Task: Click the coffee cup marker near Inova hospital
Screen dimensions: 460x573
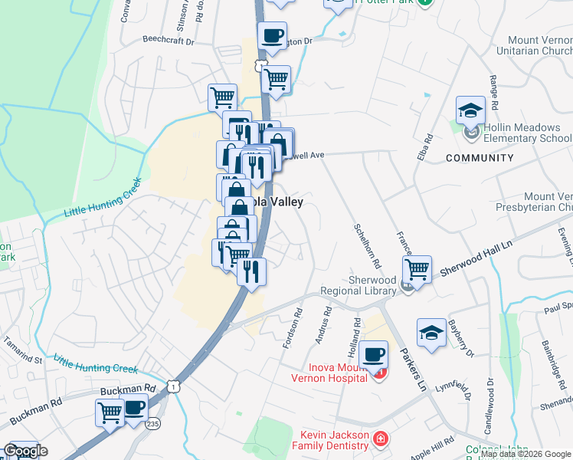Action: click(x=373, y=353)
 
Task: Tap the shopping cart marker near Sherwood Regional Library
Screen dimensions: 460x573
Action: click(x=417, y=268)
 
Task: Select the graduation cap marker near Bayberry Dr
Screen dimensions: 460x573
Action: click(x=431, y=333)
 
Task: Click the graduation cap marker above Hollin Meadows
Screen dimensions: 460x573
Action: click(x=470, y=110)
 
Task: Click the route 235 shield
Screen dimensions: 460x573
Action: click(x=154, y=422)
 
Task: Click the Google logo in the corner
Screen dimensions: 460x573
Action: click(x=25, y=452)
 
